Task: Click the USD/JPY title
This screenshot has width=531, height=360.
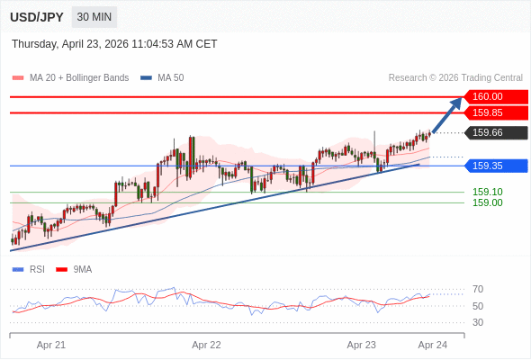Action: [37, 17]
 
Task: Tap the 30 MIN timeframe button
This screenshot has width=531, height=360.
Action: [94, 17]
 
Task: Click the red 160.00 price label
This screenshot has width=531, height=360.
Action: [496, 96]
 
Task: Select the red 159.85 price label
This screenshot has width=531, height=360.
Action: [496, 112]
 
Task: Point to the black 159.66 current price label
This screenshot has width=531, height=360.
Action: [496, 132]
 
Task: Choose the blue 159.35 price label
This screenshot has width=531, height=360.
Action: [496, 166]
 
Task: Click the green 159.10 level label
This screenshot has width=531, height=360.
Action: [487, 192]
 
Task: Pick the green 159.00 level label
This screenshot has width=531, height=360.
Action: [487, 202]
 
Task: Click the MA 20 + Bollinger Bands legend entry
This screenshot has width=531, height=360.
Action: [70, 78]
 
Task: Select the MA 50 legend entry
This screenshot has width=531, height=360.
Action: [162, 78]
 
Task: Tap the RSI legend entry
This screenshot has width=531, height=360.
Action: [29, 270]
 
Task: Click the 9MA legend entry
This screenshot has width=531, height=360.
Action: [74, 270]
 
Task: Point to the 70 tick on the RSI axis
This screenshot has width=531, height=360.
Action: [478, 289]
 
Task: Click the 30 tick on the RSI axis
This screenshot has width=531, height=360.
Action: [478, 322]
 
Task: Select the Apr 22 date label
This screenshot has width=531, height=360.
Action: [206, 345]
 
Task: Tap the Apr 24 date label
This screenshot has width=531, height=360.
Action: [433, 345]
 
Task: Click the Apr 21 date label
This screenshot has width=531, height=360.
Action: [51, 345]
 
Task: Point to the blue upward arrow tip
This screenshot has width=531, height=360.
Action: [462, 98]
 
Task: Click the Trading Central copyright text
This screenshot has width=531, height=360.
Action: [455, 78]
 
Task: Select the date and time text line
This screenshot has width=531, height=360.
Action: [114, 44]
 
